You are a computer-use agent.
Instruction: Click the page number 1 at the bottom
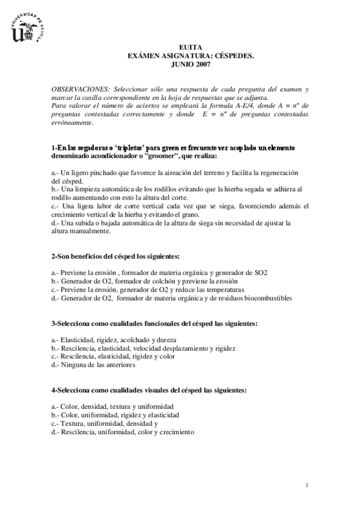pos(307,485)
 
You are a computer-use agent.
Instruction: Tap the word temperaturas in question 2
pos(206,289)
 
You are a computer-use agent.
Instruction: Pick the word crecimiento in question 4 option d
pos(174,432)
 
